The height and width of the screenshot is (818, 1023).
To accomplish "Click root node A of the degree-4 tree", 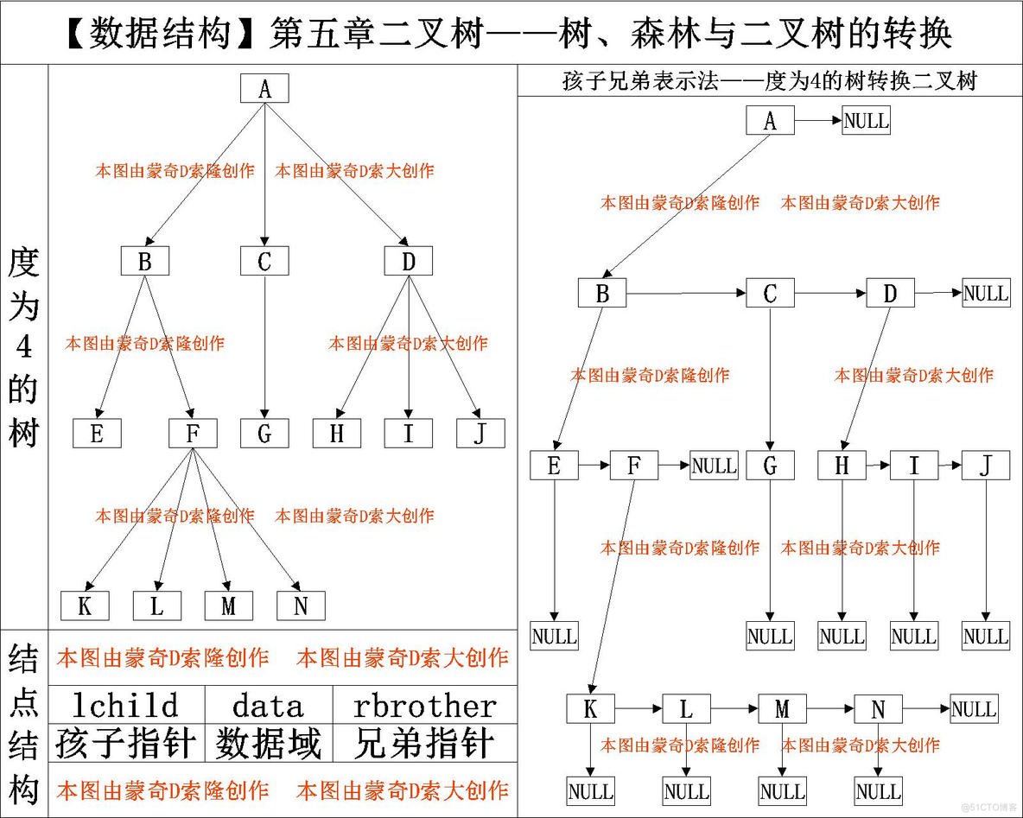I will click(x=264, y=89).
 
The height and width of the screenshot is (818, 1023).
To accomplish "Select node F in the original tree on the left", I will click(x=193, y=434).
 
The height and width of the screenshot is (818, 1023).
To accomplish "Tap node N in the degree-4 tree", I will click(x=301, y=606).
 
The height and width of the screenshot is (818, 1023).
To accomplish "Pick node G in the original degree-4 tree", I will click(x=264, y=434).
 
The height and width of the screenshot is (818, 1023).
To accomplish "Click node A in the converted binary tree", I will click(x=770, y=121).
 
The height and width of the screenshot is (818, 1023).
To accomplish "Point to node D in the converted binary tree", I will click(x=890, y=294).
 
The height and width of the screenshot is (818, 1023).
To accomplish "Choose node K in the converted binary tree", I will click(x=591, y=709).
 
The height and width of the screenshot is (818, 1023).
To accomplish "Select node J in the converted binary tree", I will click(x=985, y=466).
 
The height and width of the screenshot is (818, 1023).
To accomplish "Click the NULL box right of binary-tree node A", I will click(x=866, y=121).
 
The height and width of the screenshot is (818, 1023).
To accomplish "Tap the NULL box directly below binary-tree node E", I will click(x=554, y=637).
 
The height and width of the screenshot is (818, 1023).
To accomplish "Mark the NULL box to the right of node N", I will click(x=974, y=709).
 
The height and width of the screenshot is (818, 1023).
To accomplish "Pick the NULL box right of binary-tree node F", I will click(x=714, y=466).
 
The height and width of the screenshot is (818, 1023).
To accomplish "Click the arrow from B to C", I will click(x=686, y=295).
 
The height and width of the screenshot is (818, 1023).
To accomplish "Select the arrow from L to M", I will click(x=734, y=710).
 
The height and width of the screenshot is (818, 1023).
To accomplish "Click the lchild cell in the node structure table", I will click(x=126, y=706).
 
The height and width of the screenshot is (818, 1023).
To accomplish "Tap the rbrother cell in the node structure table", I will click(x=425, y=706).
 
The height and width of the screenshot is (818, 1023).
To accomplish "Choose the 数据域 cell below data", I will click(x=268, y=743).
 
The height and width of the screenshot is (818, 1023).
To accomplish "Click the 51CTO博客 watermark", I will click(x=992, y=807).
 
